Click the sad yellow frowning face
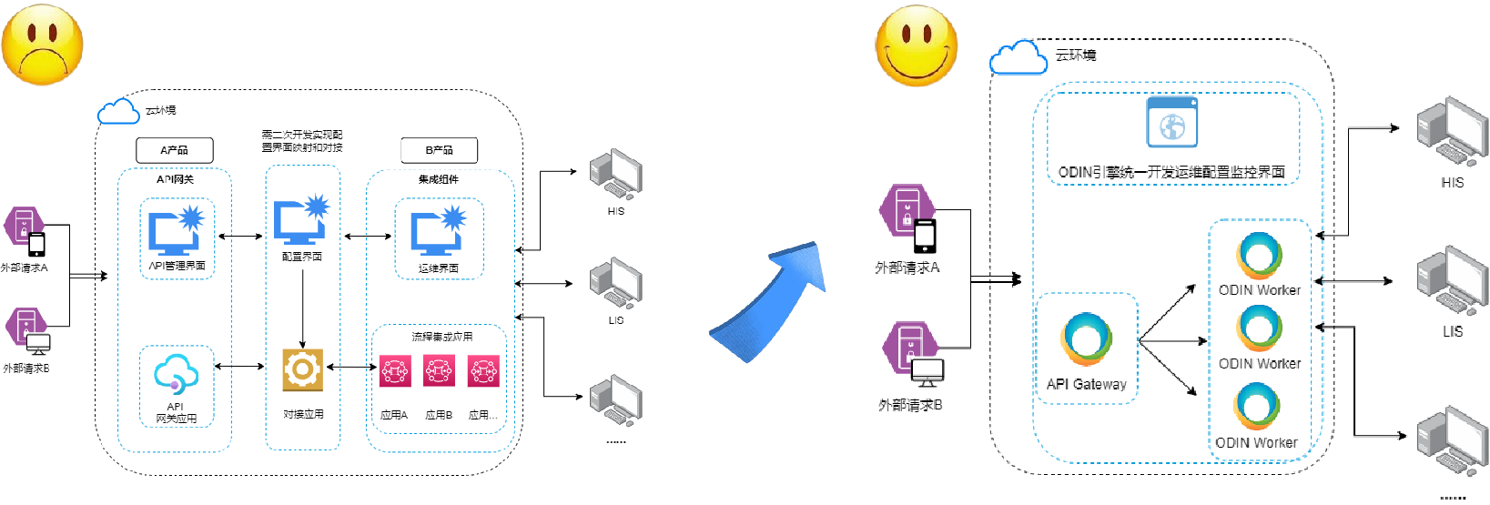pos(42,44)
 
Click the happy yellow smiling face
pos(917,45)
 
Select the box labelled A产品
pos(174,150)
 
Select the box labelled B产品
pos(439,150)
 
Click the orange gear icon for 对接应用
pos(302,369)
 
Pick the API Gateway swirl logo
pos(1086,339)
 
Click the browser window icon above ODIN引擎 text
pos(1171,122)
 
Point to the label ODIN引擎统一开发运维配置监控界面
pos(1171,172)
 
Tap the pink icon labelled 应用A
pos(394,371)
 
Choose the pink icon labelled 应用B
pos(439,371)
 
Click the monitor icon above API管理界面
pos(176,231)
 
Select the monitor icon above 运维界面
pos(438,231)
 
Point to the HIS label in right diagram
pos(1452,183)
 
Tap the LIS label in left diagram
pos(616,320)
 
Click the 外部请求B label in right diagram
pos(910,405)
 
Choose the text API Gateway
pos(1086,384)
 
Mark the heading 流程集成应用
pos(441,337)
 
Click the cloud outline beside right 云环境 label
pos(1018,58)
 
